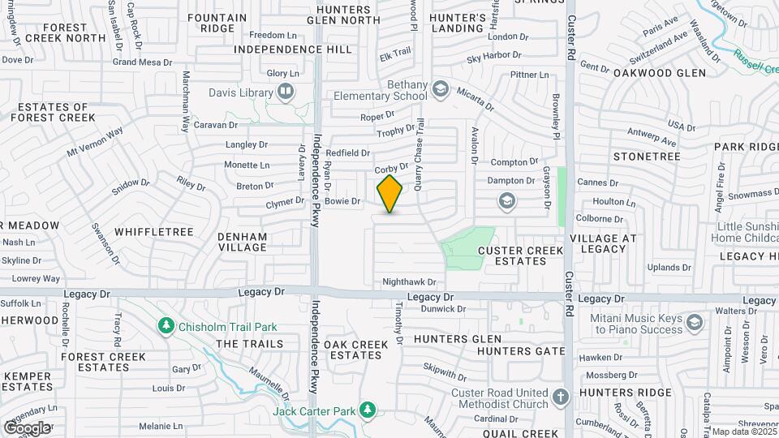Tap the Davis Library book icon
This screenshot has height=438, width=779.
tap(285, 92)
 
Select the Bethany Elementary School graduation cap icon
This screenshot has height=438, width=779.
tap(440, 88)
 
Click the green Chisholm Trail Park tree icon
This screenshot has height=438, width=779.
tap(166, 326)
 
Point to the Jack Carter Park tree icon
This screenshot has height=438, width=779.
tap(368, 410)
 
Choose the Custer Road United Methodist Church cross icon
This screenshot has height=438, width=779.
tap(560, 397)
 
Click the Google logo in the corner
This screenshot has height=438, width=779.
tap(27, 427)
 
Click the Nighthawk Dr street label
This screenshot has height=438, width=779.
tap(410, 282)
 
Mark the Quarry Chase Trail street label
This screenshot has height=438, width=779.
tap(420, 153)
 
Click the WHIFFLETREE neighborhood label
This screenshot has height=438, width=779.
tap(154, 232)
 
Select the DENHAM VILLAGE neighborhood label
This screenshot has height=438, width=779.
tap(243, 242)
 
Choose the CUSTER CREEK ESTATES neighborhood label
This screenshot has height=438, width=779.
tap(520, 255)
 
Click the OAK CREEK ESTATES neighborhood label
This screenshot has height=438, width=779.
tap(356, 350)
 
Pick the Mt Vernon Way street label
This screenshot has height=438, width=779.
tap(95, 141)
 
